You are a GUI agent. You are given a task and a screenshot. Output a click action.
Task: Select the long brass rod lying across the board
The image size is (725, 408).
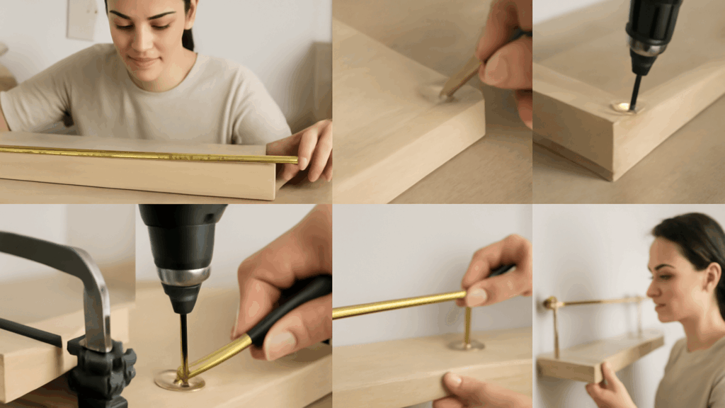pyautogui.click(x=142, y=154)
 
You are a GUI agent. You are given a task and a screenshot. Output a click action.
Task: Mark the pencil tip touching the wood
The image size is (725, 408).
pyautogui.click(x=443, y=95)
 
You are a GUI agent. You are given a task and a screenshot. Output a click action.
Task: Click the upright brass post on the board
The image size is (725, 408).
pyautogui.click(x=467, y=326)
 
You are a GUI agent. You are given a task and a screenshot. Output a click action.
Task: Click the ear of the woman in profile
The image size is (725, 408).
pyautogui.click(x=712, y=273)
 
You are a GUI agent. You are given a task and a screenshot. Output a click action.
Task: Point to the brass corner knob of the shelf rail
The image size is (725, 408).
pyautogui.click(x=550, y=303)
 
